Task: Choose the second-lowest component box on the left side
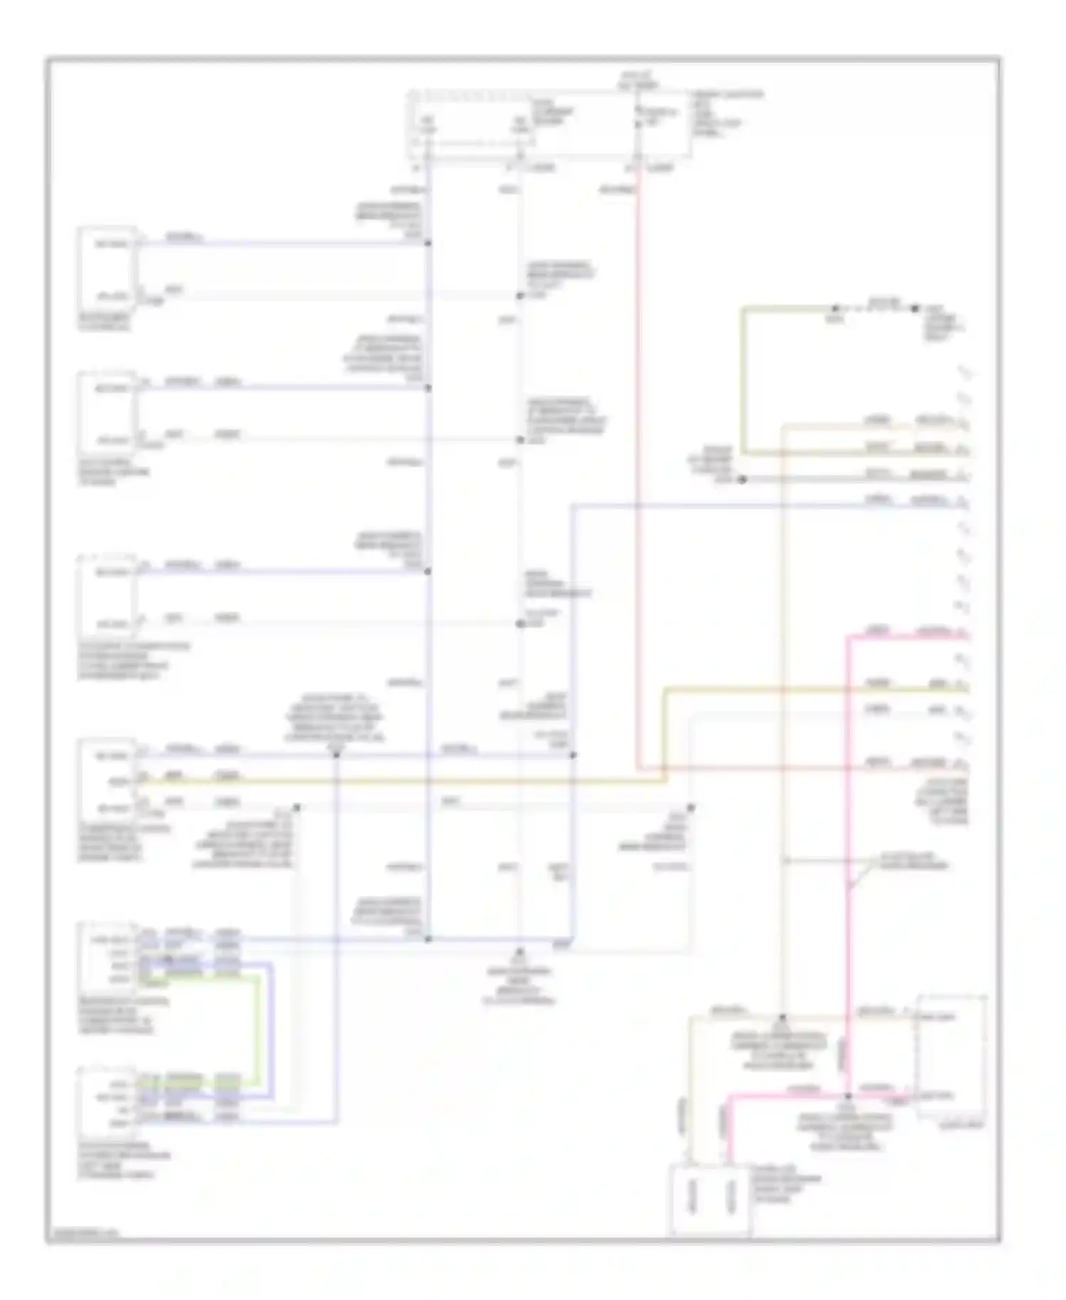107,959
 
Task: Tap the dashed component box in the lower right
952,1057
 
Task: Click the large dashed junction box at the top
549,124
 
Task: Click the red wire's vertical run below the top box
638,462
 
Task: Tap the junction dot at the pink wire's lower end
848,1096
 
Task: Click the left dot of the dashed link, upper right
835,309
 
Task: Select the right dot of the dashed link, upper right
916,309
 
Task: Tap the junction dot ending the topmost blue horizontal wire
428,244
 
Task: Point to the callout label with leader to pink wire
913,862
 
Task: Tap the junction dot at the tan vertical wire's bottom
782,1018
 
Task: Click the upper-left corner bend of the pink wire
848,638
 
